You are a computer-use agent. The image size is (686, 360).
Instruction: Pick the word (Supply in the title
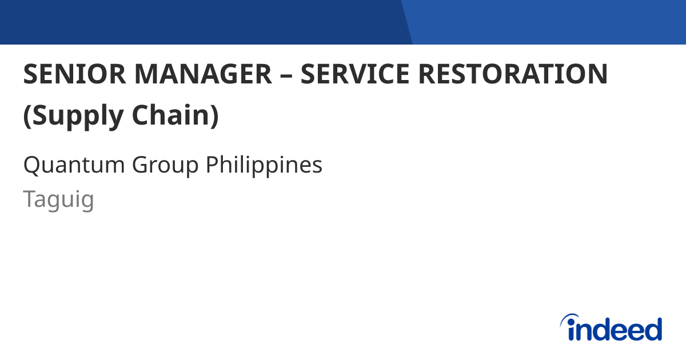pos(73,116)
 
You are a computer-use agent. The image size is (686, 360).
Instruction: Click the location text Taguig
pos(58,201)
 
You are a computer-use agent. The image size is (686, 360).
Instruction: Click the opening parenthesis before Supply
pos(27,116)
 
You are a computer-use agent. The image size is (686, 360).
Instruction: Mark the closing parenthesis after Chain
pos(214,116)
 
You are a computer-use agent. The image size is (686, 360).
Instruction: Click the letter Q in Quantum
pos(31,165)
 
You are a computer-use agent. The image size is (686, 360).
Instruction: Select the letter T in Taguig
pos(29,199)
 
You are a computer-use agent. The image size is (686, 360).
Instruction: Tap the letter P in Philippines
pos(212,165)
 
